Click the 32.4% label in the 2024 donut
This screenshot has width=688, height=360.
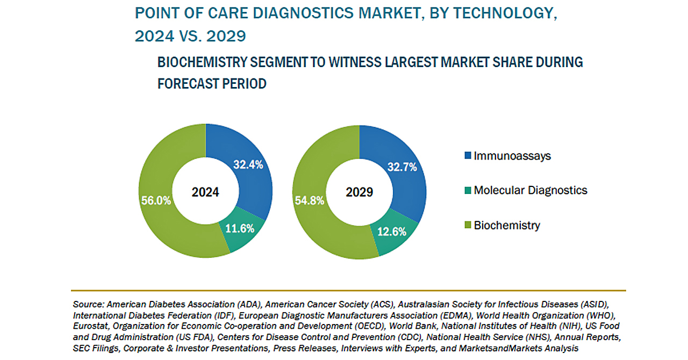(x=248, y=165)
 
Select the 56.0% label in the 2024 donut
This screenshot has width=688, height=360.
(x=156, y=200)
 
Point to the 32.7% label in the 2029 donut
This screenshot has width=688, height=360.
(x=402, y=167)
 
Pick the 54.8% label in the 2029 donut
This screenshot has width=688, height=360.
(x=309, y=200)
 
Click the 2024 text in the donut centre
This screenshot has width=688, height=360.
(x=206, y=192)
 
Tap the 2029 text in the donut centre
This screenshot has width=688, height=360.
(x=359, y=192)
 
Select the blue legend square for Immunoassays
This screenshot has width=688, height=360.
(x=467, y=156)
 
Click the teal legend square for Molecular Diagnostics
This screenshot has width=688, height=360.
(x=467, y=190)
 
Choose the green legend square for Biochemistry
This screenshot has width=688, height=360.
(x=467, y=225)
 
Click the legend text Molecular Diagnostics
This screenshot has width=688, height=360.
(x=531, y=190)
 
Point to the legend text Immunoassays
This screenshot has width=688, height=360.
(x=512, y=156)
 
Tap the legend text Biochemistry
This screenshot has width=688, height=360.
(x=507, y=225)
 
